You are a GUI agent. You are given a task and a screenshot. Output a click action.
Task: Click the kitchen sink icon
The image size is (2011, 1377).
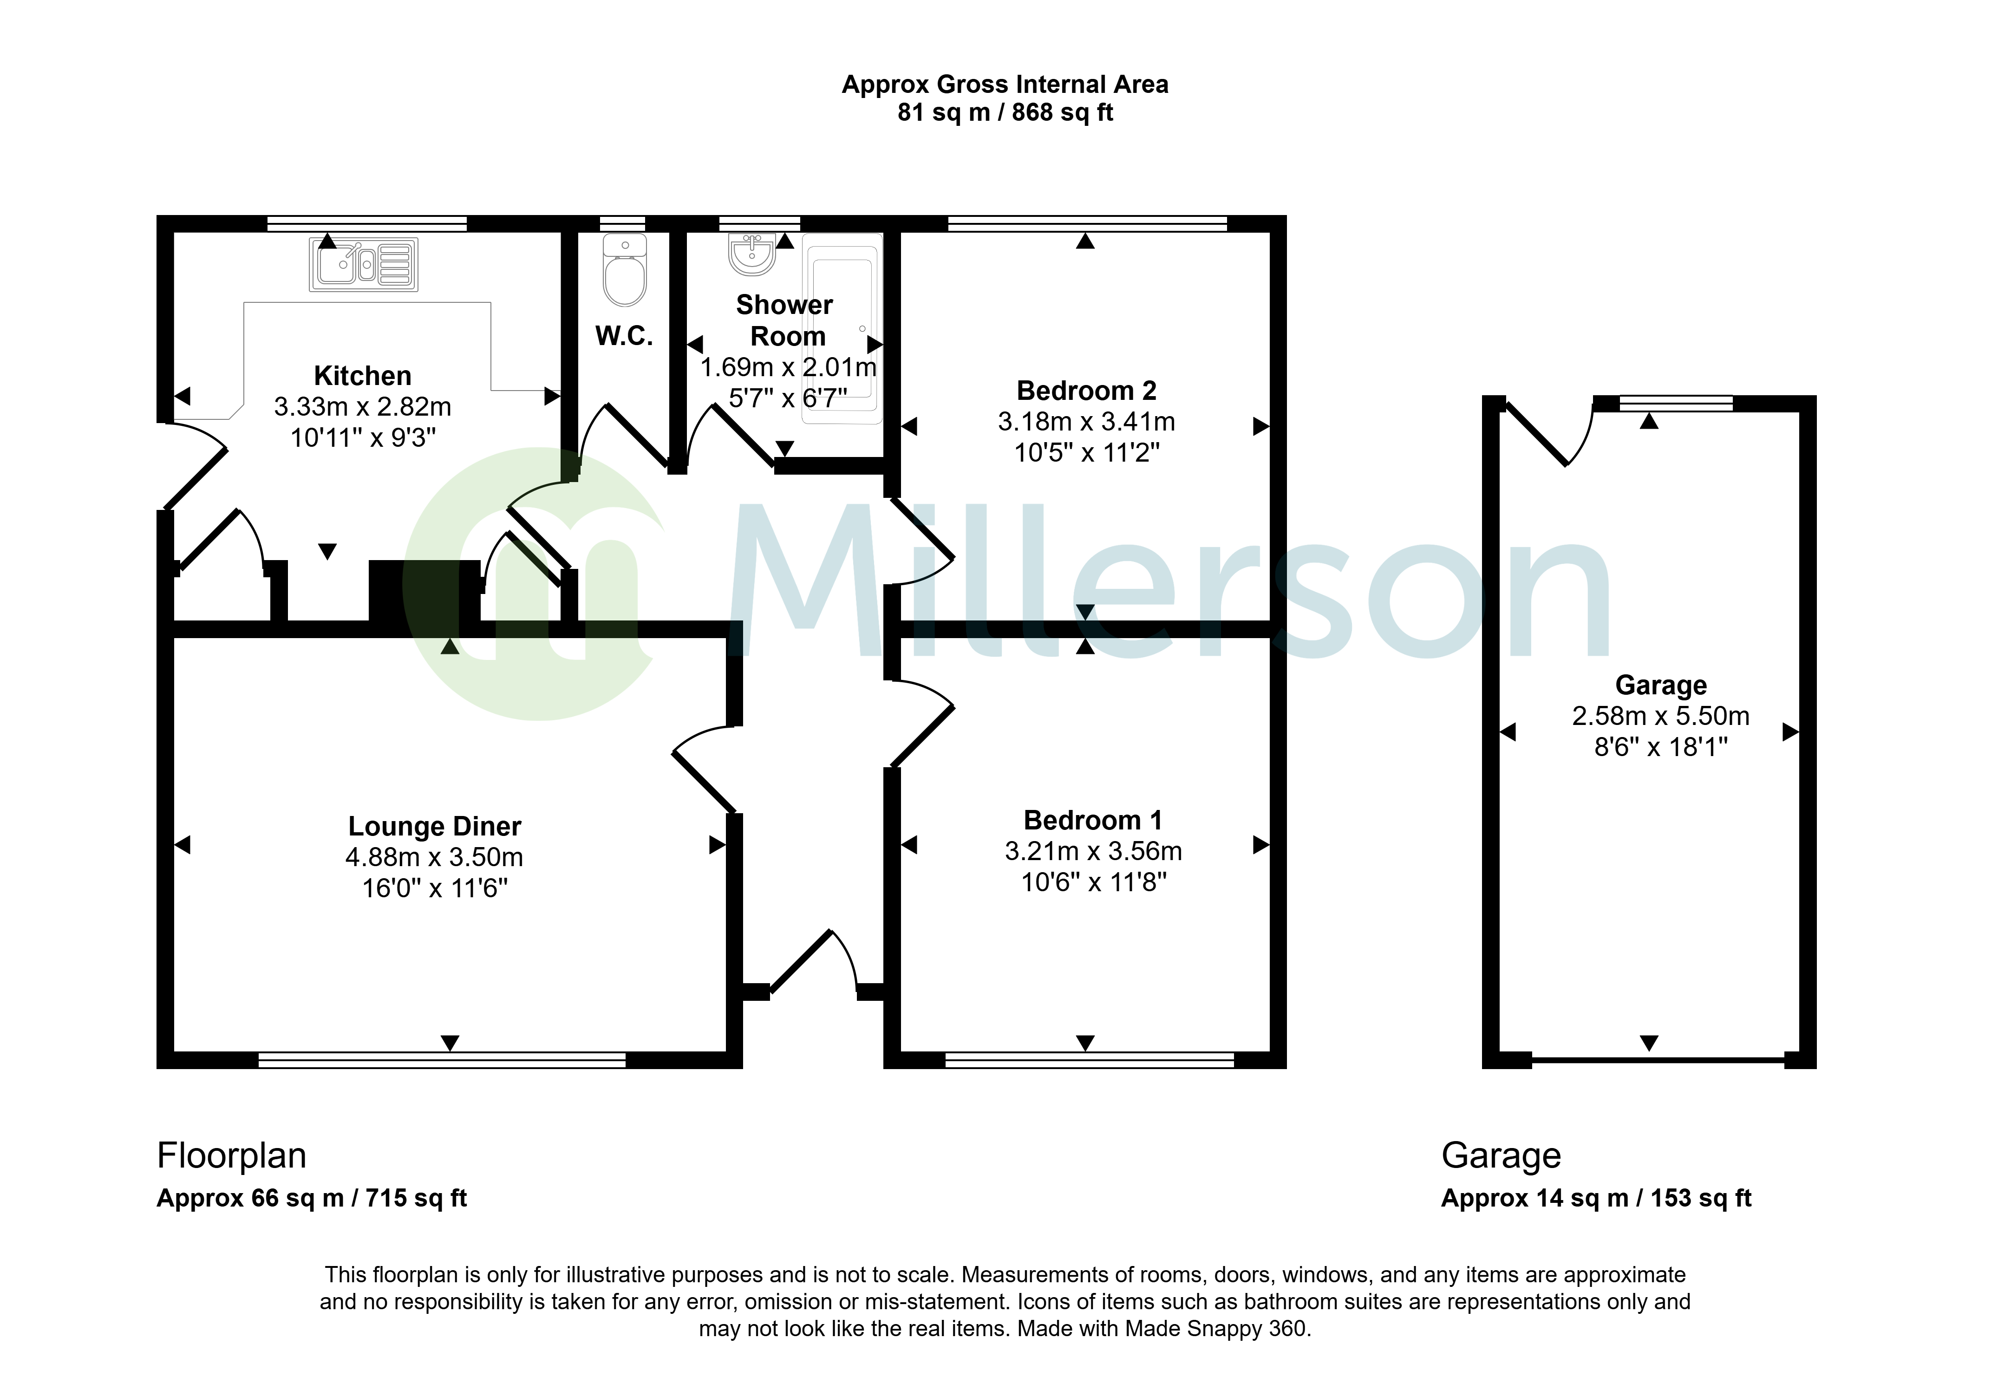coord(364,264)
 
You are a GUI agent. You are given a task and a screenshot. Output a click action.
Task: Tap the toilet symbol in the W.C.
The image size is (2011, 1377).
coord(625,269)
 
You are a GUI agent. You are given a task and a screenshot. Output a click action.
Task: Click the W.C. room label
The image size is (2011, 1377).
coord(624,336)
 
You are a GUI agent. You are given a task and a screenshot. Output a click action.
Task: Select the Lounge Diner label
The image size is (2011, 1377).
coord(434,827)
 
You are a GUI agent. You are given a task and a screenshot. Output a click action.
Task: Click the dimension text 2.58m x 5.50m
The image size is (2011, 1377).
coord(1660,716)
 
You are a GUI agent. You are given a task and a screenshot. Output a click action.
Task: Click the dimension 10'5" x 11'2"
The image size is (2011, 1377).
coord(1087,453)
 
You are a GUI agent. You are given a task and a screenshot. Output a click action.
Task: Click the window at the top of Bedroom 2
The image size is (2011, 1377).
coord(1088,223)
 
